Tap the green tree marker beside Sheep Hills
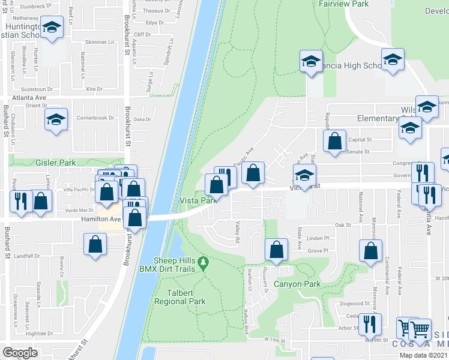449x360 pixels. [x=203, y=263]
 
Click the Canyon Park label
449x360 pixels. [x=297, y=284]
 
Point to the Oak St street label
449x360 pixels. [x=343, y=225]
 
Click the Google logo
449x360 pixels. [x=20, y=352]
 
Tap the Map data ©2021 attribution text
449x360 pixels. [x=424, y=355]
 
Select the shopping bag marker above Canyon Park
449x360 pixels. [x=276, y=250]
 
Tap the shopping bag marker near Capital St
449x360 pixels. [x=335, y=141]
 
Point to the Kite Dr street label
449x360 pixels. [x=94, y=88]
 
